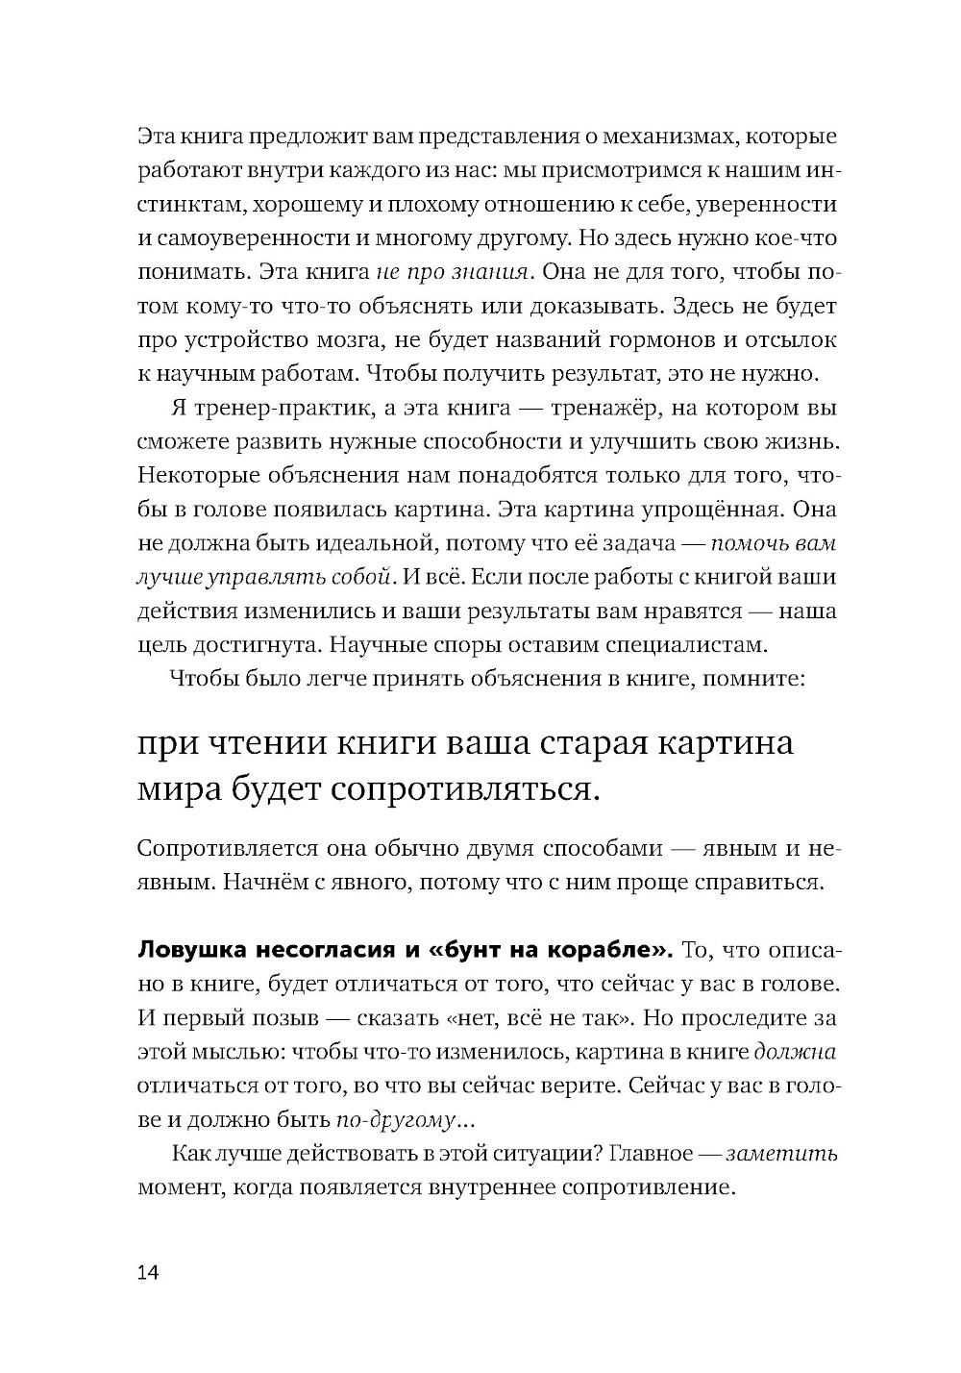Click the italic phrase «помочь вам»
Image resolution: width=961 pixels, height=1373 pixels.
(773, 543)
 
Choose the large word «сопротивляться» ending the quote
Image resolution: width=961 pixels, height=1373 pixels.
(459, 790)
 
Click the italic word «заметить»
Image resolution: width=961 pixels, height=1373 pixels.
(781, 1154)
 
